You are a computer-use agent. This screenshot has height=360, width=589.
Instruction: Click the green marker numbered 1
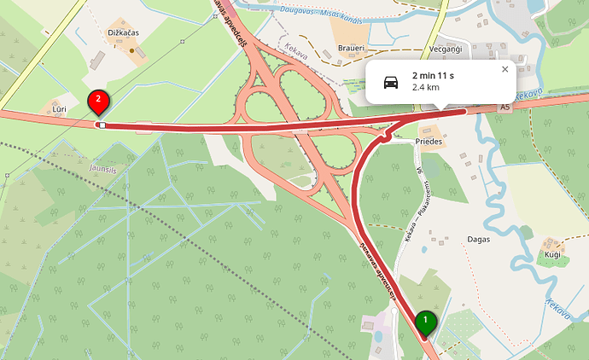(x=425, y=322)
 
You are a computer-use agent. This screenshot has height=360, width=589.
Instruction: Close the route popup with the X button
(x=504, y=70)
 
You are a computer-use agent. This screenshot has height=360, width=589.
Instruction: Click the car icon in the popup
(x=390, y=82)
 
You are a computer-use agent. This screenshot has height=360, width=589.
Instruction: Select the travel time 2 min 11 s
(x=432, y=76)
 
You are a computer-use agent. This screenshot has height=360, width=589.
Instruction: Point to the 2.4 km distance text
(x=425, y=88)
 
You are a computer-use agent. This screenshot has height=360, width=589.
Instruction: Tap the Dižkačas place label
(x=123, y=32)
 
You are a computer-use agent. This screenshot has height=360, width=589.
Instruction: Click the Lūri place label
(x=59, y=110)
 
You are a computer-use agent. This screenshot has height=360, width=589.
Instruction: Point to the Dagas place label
(x=479, y=240)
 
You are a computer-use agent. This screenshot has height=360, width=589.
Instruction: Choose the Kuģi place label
(x=551, y=255)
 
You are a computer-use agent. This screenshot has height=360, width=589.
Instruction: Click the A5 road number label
(x=505, y=107)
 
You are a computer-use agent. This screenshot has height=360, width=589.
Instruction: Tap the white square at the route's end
(x=102, y=125)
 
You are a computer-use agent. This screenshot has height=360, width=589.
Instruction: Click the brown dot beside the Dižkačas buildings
(x=131, y=50)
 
